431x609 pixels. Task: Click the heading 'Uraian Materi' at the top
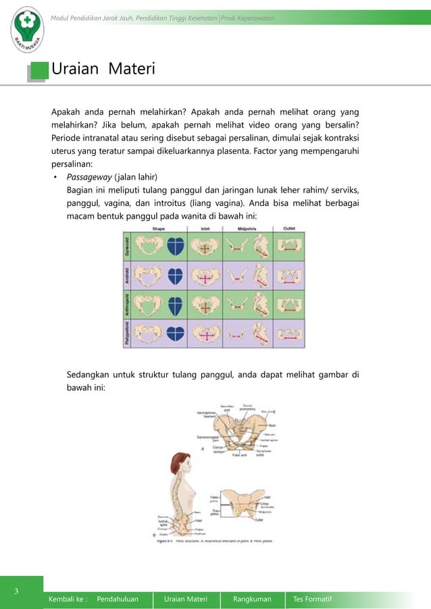[x=103, y=70]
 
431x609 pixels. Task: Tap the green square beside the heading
[x=41, y=70]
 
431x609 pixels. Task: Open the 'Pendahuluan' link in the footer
[x=118, y=599]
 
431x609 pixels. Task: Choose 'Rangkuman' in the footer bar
[x=252, y=599]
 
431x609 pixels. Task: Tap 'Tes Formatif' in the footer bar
[x=312, y=599]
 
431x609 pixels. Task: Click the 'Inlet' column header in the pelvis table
[x=205, y=228]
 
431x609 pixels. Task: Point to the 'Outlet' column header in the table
[x=290, y=228]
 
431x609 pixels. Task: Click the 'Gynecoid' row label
[x=127, y=247]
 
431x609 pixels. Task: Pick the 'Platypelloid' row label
[x=127, y=334]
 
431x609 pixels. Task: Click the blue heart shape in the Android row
[x=176, y=275]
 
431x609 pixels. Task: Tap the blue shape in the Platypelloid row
[x=176, y=333]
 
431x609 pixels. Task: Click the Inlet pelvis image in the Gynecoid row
[x=206, y=247]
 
